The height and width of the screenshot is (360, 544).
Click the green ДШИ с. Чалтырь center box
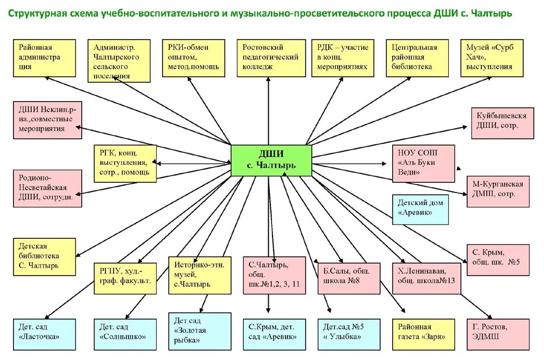pos(271,160)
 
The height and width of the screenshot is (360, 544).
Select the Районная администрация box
pos(43,57)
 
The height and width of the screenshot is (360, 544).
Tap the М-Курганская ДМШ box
pos(498,190)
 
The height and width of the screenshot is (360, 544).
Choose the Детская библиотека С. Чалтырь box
pos(43,256)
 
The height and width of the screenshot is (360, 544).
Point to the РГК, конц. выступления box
pos(125,163)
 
